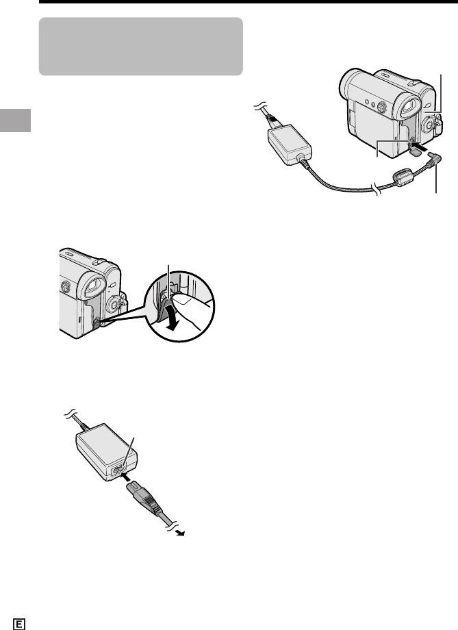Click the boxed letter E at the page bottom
click(19, 624)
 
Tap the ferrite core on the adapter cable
click(402, 177)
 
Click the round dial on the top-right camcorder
click(429, 125)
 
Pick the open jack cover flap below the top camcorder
click(417, 151)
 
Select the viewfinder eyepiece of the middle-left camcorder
click(94, 285)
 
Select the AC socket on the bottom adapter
click(119, 470)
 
